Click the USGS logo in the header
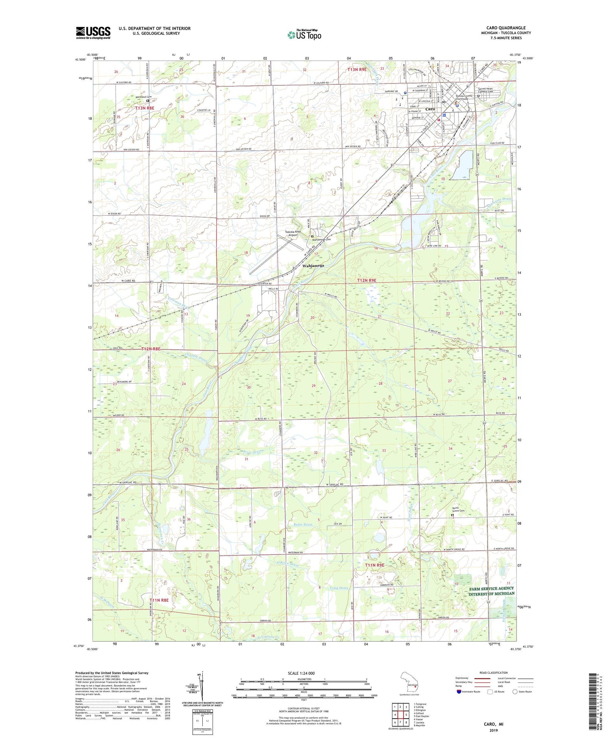coord(93,33)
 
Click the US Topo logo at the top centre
coord(304,35)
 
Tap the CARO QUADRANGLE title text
coord(506,28)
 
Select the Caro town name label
coord(430,109)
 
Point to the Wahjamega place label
coord(313,265)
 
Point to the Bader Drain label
coord(303,525)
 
